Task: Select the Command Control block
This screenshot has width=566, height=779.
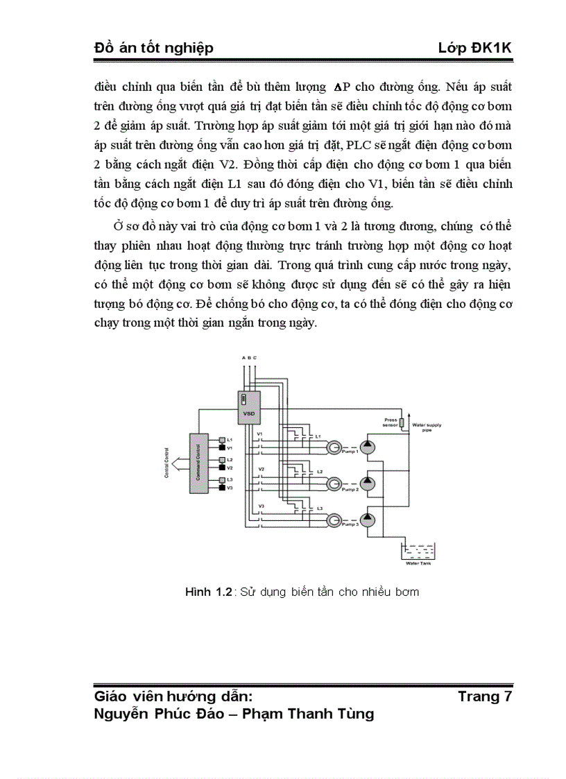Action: tap(199, 463)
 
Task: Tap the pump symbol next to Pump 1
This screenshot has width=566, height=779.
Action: tap(367, 446)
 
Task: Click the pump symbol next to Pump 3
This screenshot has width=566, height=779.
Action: tap(367, 520)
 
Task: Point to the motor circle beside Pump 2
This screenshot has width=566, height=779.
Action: tap(334, 483)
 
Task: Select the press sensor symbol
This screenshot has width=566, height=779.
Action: tap(402, 422)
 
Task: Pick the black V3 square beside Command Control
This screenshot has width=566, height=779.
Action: tap(222, 487)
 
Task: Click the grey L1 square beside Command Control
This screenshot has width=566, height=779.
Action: tap(222, 440)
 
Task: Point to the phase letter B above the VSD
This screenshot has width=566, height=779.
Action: tap(249, 357)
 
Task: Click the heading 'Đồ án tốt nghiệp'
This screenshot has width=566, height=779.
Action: tap(153, 47)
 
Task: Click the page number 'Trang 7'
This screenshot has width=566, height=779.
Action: tap(485, 696)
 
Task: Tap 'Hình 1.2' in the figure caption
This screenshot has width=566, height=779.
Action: tap(207, 592)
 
